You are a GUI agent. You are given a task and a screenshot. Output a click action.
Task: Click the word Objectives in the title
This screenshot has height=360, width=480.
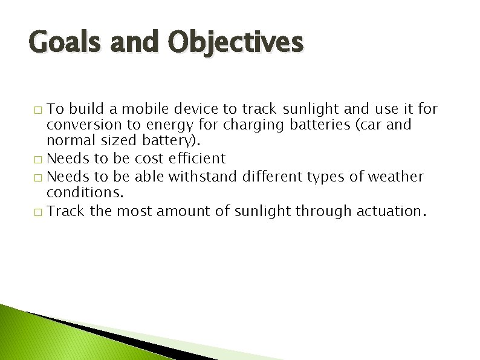tap(236, 44)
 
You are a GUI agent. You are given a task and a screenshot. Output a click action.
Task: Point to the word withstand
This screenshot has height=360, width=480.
tap(203, 177)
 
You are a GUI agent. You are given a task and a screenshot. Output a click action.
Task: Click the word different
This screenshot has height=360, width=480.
tap(273, 177)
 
